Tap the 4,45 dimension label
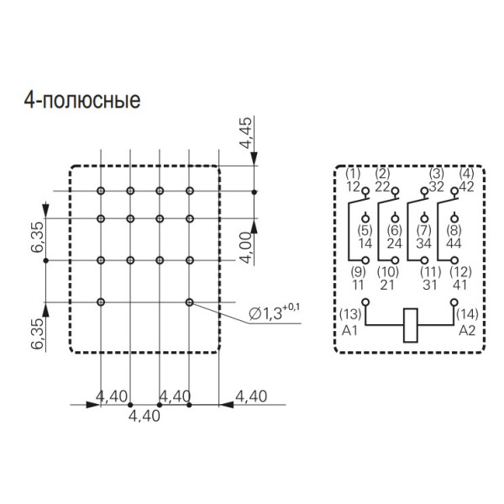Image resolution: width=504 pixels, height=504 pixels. (x=244, y=134)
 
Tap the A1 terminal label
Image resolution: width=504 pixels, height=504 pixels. (x=350, y=330)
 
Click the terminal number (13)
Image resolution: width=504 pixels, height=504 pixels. (x=350, y=315)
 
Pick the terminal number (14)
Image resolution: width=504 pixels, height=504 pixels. (x=467, y=315)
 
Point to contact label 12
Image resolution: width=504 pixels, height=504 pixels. (x=354, y=186)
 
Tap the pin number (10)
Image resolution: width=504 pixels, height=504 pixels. (x=387, y=271)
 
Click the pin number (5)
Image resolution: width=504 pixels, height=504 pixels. (x=364, y=230)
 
